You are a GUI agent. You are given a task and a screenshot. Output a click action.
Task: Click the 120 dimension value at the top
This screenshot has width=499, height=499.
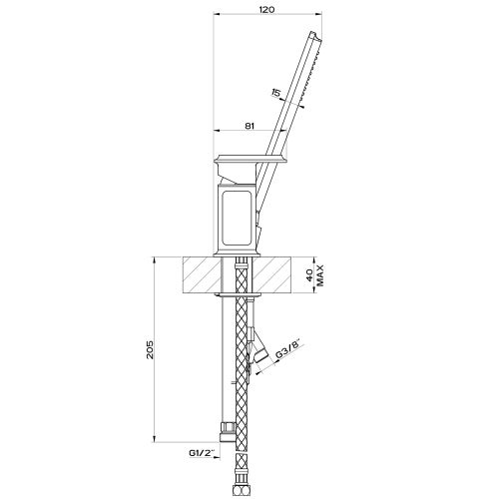(x=266, y=10)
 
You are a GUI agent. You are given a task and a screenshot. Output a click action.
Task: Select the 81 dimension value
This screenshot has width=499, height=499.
(x=249, y=126)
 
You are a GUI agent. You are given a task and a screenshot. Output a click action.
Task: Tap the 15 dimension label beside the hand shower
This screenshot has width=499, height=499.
(x=275, y=92)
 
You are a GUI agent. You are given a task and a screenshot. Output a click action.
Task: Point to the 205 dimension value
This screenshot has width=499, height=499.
(x=151, y=349)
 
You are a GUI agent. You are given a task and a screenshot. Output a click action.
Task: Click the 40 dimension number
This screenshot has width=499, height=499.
(x=309, y=275)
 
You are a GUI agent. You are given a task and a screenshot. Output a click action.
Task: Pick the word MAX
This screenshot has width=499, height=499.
(x=320, y=275)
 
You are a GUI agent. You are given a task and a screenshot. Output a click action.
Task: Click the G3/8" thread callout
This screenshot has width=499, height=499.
(x=288, y=348)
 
